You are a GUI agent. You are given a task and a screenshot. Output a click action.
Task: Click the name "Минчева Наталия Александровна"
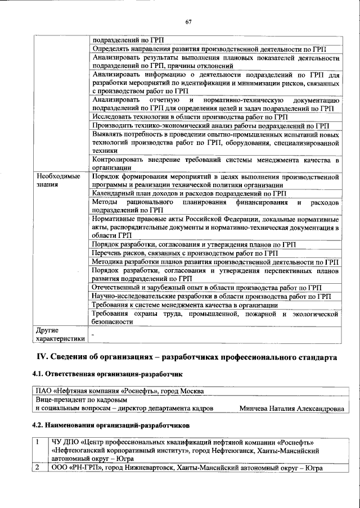(x=291, y=409)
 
